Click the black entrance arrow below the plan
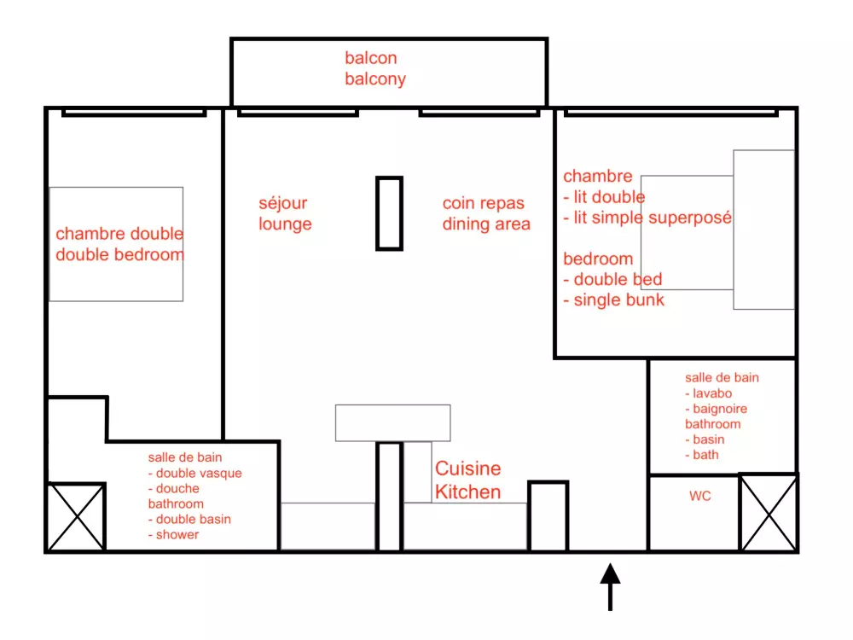tap(611, 587)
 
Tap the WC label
tap(699, 496)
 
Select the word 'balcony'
tap(375, 79)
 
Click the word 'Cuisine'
tap(467, 468)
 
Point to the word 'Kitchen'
tap(467, 492)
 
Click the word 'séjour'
tap(283, 204)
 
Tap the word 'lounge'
tap(285, 224)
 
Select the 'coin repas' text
tap(484, 204)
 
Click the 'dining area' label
tap(486, 224)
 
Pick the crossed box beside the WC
tap(769, 513)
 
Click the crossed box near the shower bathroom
tap(76, 517)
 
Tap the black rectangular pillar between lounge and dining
tap(390, 213)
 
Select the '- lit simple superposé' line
tap(647, 218)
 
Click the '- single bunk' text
tap(613, 300)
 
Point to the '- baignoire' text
tap(716, 409)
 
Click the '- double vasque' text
tap(194, 473)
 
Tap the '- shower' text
tap(173, 534)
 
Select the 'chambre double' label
tap(119, 234)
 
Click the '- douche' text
tap(173, 488)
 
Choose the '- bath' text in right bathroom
tap(702, 455)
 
